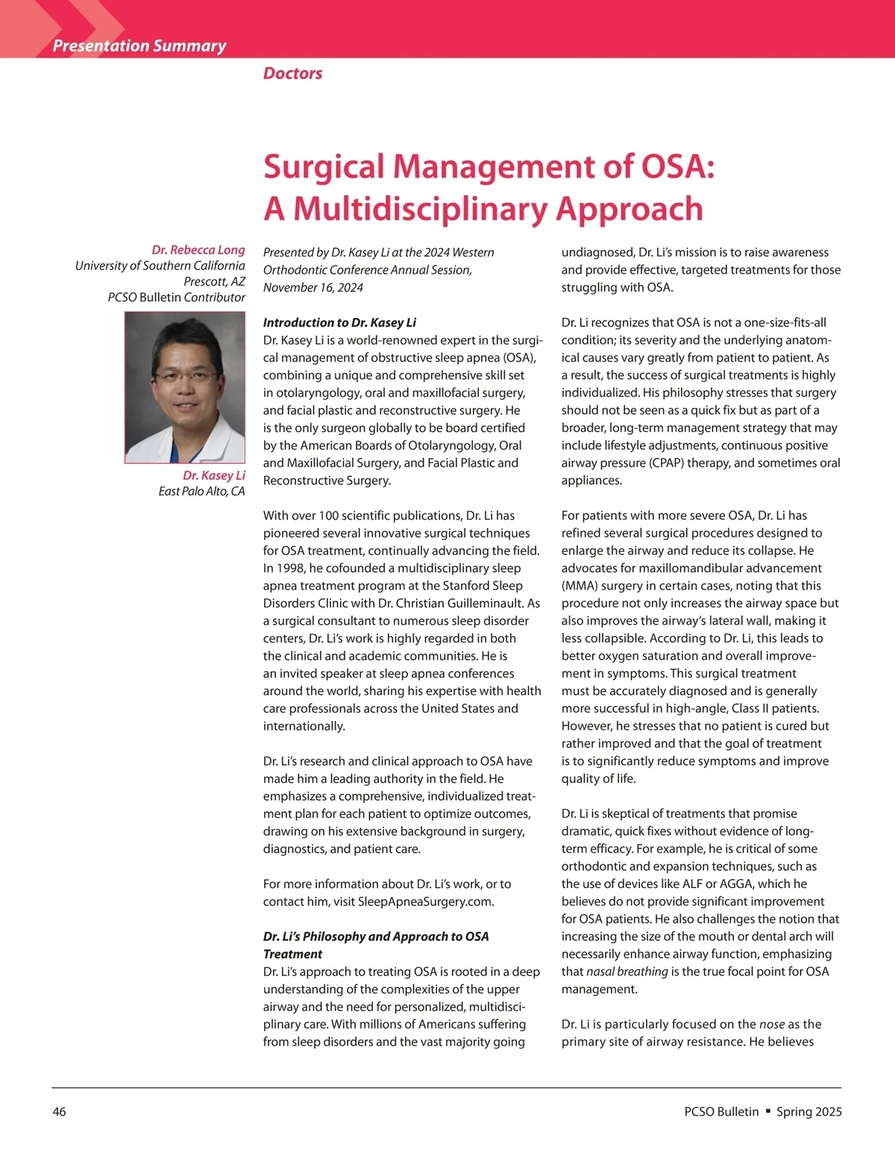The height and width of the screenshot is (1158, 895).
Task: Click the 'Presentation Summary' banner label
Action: click(x=139, y=46)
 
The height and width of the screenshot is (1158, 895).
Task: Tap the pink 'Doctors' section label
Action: click(x=292, y=73)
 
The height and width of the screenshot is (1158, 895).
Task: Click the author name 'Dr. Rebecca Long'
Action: click(x=198, y=250)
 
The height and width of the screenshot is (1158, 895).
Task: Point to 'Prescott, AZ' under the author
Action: click(x=214, y=281)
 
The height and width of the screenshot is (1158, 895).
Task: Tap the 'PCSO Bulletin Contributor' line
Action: click(x=176, y=297)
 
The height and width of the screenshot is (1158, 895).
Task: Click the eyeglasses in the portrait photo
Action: click(x=183, y=375)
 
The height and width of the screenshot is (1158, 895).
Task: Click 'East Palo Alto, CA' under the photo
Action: click(x=201, y=491)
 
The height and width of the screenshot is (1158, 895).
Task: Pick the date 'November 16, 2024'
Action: click(x=313, y=287)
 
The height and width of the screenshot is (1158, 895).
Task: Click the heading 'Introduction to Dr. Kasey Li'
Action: click(x=339, y=322)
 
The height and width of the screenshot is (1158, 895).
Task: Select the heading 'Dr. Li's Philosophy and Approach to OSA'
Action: click(x=376, y=937)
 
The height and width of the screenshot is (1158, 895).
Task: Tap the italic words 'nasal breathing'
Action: click(x=627, y=972)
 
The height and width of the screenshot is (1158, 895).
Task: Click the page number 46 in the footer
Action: click(x=59, y=1112)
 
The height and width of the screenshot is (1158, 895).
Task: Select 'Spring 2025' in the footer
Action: click(x=809, y=1112)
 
